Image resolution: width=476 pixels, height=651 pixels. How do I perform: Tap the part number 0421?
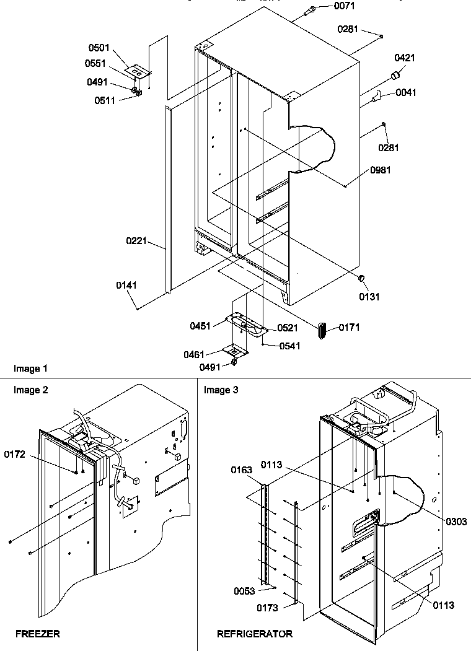click(405, 58)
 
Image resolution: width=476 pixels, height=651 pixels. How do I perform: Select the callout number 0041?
click(406, 92)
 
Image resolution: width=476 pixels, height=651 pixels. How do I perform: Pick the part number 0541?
click(289, 346)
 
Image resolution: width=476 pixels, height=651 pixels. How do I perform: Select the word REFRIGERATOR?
click(255, 634)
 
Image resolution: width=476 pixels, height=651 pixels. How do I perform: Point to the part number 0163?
click(242, 470)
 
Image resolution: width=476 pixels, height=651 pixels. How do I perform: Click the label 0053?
click(244, 591)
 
